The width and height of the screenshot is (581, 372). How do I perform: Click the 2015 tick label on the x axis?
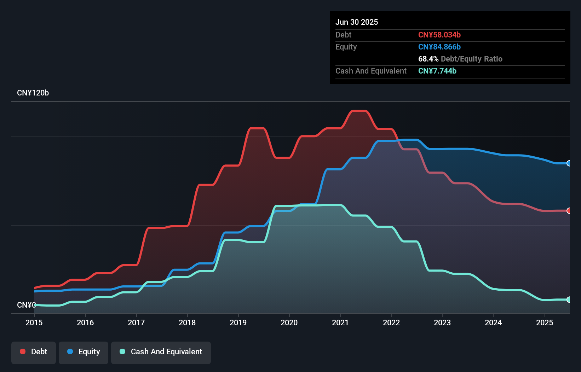[x=34, y=322]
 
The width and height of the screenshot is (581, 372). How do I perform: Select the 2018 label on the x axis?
[x=187, y=322]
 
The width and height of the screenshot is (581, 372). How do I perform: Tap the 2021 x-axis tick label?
[x=340, y=322]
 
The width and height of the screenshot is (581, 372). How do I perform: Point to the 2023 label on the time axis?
[x=442, y=322]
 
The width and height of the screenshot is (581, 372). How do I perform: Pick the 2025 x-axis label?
[x=545, y=322]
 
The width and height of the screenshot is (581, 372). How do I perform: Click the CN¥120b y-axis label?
[x=33, y=93]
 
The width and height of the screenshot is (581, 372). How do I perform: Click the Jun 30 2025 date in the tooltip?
[x=357, y=22]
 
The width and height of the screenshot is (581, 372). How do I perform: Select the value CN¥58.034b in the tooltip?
[x=439, y=35]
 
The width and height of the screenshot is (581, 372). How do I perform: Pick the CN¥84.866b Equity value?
[x=439, y=47]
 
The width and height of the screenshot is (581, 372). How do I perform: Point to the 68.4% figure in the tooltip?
[x=428, y=59]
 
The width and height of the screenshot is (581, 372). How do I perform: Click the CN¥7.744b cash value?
[x=437, y=71]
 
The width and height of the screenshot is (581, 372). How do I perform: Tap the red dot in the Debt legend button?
[x=23, y=351]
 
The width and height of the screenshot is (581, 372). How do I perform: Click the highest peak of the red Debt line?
[x=359, y=111]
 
